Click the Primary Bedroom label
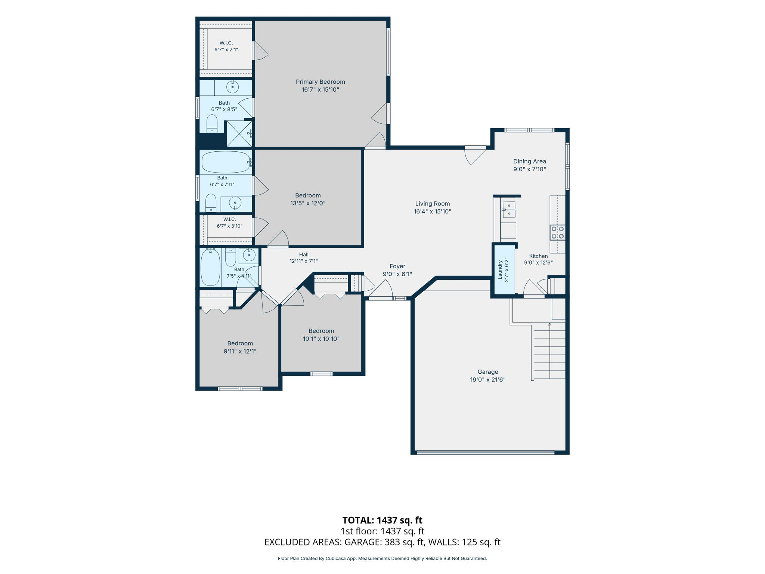(x=320, y=82)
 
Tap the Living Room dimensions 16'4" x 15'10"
(x=433, y=212)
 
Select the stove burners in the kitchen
(x=557, y=232)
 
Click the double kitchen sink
(x=509, y=209)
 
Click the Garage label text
(x=488, y=372)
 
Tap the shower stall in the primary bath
(x=239, y=133)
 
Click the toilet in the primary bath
(x=212, y=123)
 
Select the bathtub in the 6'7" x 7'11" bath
(x=226, y=162)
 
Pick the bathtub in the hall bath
(x=211, y=267)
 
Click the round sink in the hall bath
(x=249, y=255)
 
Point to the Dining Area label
(x=530, y=161)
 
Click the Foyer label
(x=397, y=266)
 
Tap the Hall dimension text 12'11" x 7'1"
(x=304, y=261)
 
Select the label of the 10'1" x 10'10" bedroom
(x=321, y=331)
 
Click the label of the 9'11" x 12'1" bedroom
(x=240, y=343)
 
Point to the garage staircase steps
(x=549, y=351)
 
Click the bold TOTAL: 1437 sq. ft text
(x=382, y=520)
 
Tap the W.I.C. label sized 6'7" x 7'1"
(x=226, y=43)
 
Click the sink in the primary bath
(x=233, y=87)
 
